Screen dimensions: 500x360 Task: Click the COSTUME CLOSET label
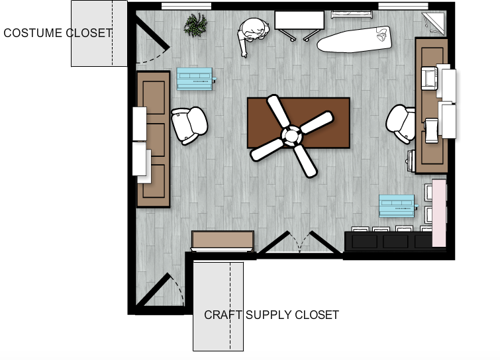click(x=58, y=33)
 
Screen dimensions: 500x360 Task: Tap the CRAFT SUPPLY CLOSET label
click(x=272, y=315)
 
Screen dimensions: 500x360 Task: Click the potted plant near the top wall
click(x=195, y=25)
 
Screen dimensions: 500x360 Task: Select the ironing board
click(x=354, y=39)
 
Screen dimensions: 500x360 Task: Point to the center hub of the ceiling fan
click(x=291, y=136)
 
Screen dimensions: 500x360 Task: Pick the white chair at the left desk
click(x=189, y=125)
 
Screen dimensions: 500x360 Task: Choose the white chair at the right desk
click(x=400, y=124)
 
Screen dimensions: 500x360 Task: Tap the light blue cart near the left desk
click(x=196, y=79)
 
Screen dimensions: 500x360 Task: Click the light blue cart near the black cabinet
click(x=397, y=206)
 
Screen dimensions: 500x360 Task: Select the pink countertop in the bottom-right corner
click(x=439, y=213)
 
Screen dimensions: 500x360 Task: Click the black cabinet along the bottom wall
click(x=388, y=241)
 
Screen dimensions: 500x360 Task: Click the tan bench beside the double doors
click(x=223, y=241)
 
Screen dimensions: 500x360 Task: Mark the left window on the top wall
click(x=186, y=6)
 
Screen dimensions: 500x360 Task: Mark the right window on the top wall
click(x=403, y=6)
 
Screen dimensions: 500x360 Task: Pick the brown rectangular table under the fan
click(x=299, y=123)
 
